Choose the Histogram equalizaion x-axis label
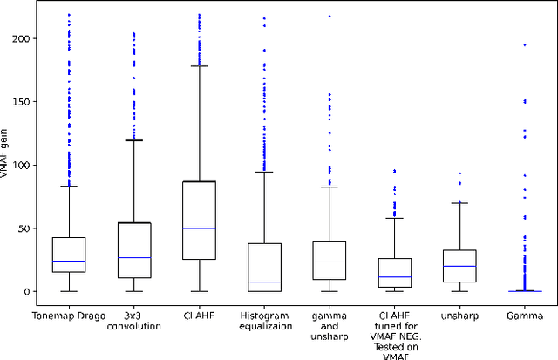click(264, 321)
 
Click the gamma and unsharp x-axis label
click(330, 326)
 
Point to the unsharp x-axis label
click(460, 315)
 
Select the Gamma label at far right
click(526, 315)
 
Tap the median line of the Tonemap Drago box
click(68, 262)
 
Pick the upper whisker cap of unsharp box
click(460, 203)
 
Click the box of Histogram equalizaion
click(264, 262)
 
